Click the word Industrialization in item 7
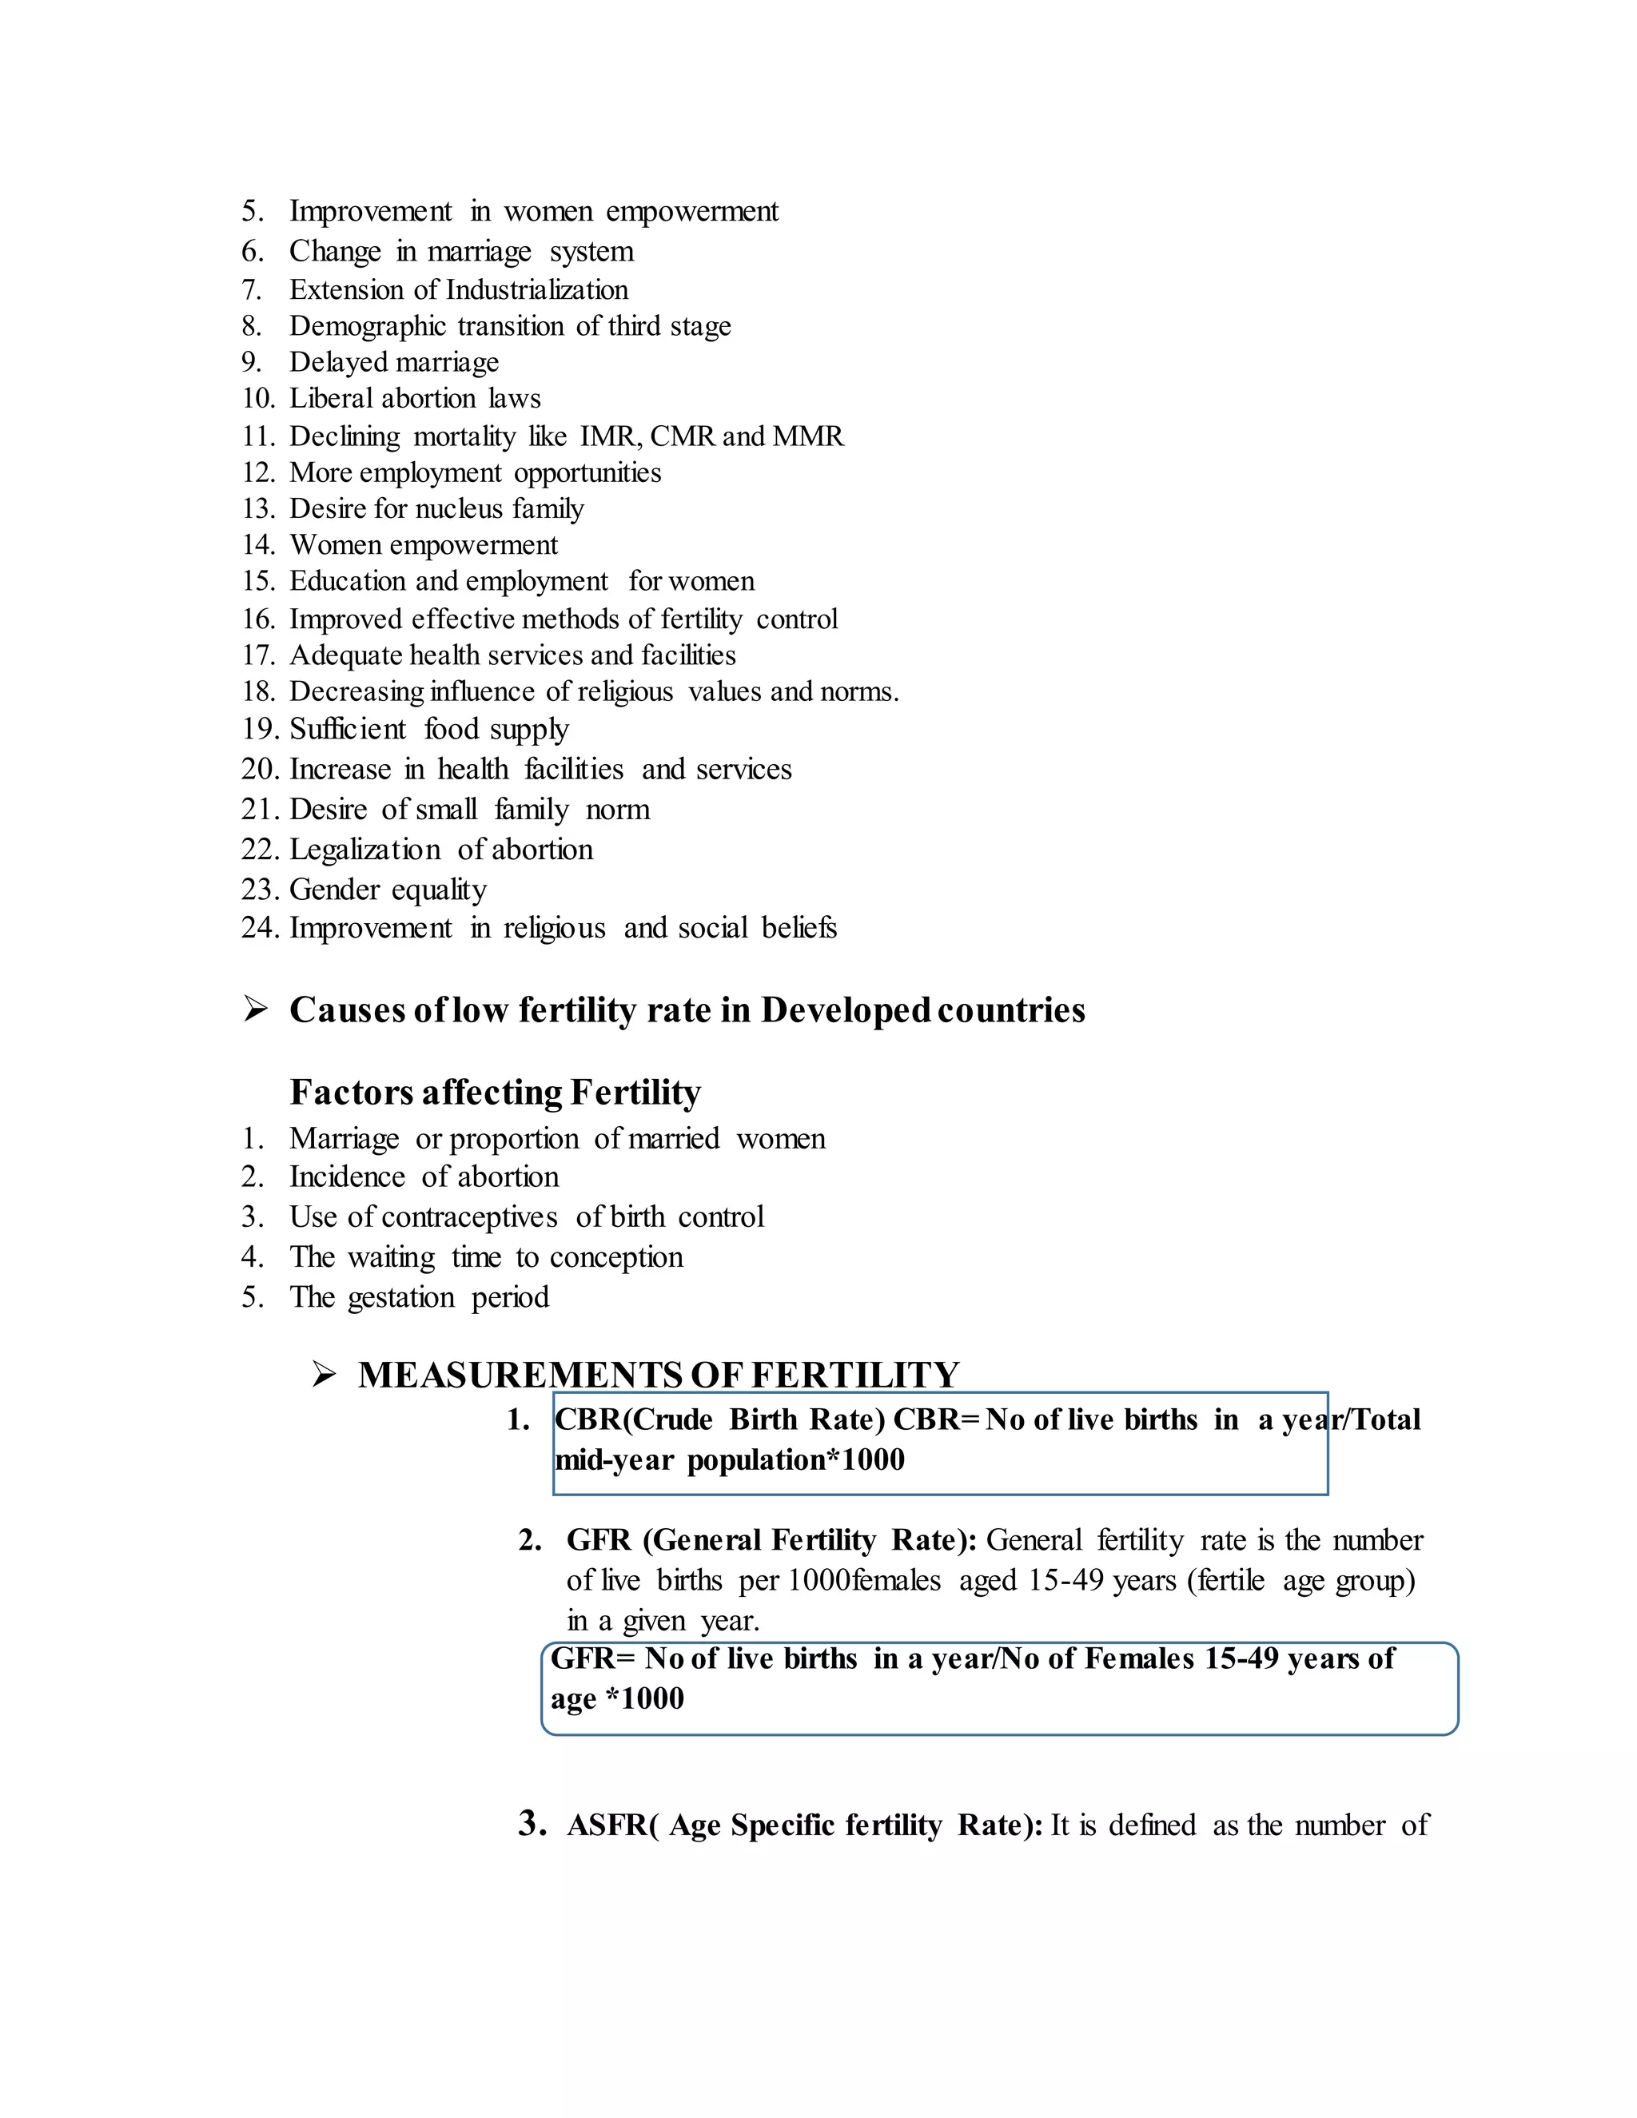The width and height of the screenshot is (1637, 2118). click(536, 290)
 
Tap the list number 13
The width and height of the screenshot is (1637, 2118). click(258, 509)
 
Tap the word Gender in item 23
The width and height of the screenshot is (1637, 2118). click(335, 890)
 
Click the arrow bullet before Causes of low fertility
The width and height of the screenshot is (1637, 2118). click(255, 1009)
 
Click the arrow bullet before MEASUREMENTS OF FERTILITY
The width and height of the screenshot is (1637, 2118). click(324, 1376)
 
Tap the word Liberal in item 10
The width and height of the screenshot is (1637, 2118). click(333, 399)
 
